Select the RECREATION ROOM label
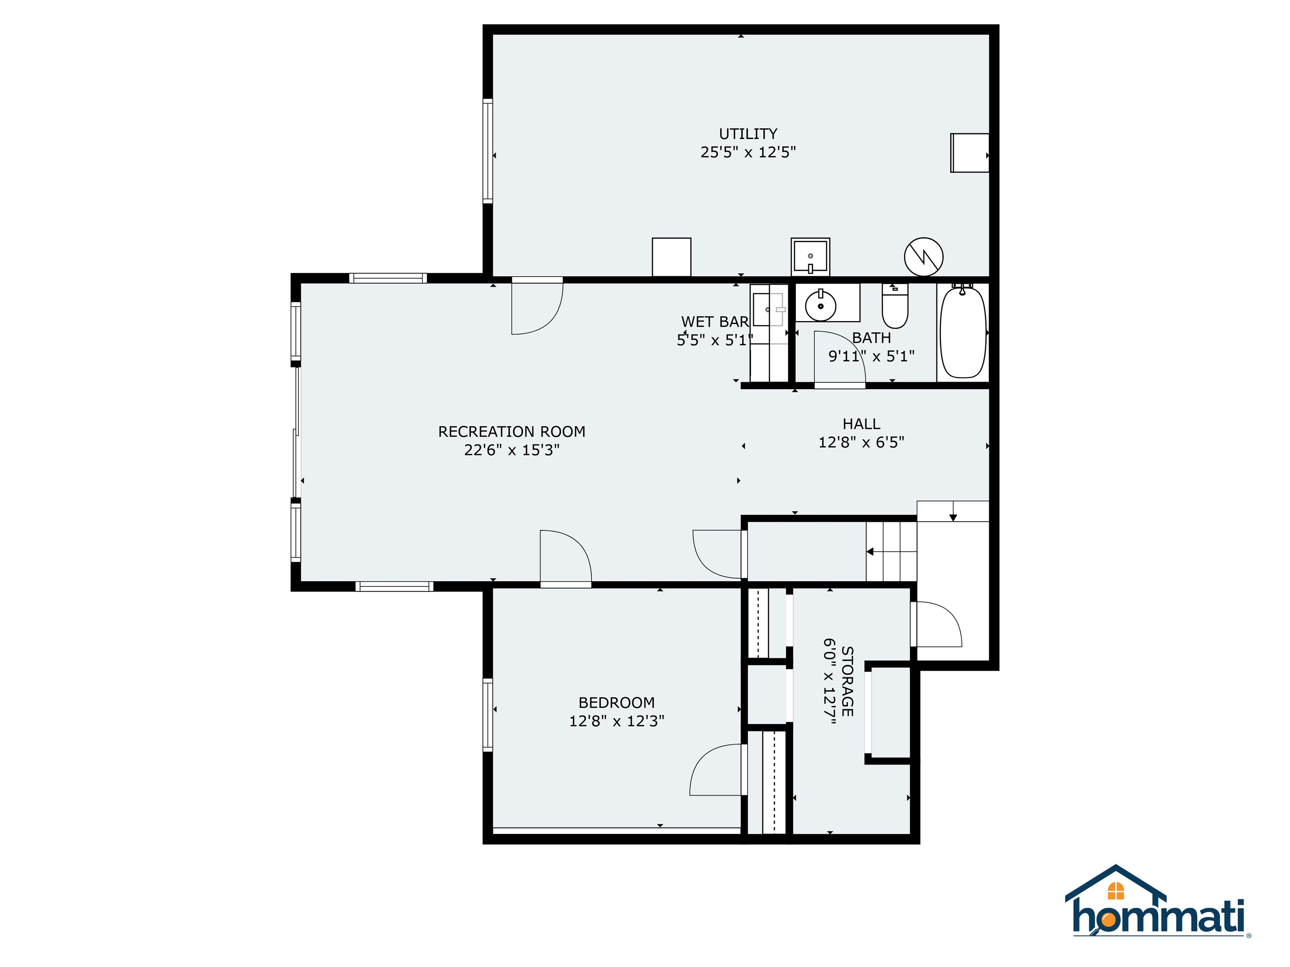click(511, 431)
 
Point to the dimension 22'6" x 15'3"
click(511, 450)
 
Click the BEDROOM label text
click(616, 702)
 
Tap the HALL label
click(861, 424)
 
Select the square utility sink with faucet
click(810, 256)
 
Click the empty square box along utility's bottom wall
click(671, 256)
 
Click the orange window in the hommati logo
click(1115, 891)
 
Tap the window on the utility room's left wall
click(488, 151)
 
